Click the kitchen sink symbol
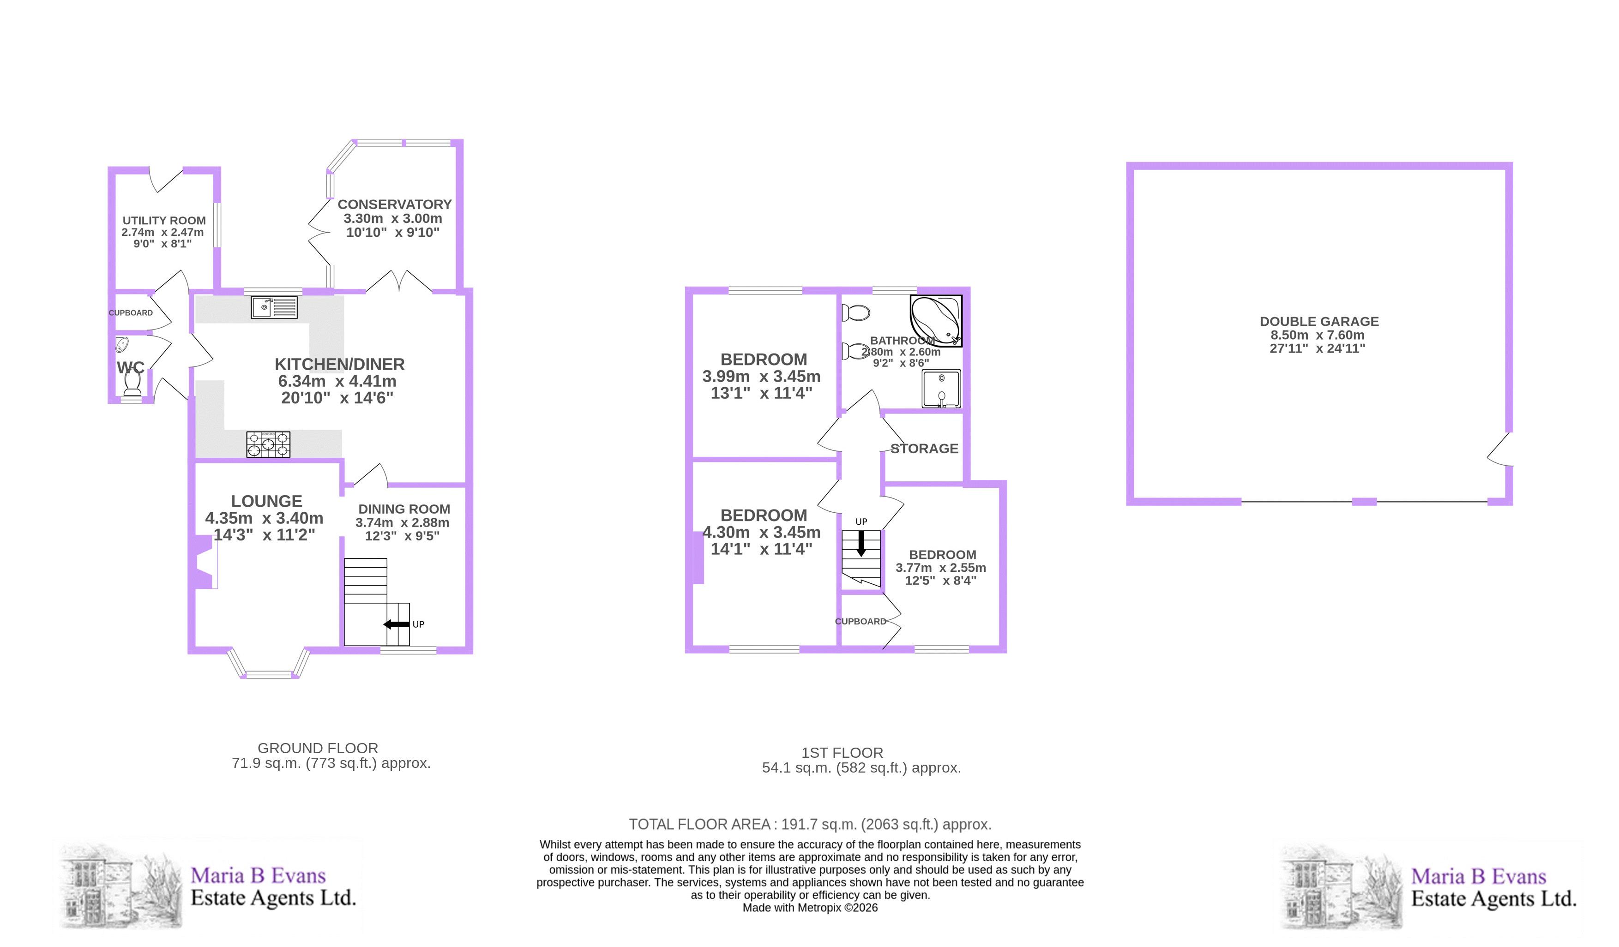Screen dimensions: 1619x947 [274, 307]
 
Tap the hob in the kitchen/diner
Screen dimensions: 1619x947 [268, 444]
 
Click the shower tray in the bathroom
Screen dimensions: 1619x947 [941, 389]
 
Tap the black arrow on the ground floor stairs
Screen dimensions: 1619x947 [397, 624]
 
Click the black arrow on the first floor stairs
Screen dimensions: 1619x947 [861, 544]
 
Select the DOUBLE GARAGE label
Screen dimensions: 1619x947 [1319, 321]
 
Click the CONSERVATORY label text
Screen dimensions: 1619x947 [394, 204]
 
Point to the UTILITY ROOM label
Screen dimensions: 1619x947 [164, 221]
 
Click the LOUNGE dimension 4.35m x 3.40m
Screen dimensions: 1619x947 [264, 518]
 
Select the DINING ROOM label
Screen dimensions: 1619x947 [404, 509]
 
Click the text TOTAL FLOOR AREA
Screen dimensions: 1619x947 [699, 824]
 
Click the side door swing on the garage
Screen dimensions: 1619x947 [1499, 449]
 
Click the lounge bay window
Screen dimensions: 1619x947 [269, 664]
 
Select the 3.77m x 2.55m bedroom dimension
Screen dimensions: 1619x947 [940, 568]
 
